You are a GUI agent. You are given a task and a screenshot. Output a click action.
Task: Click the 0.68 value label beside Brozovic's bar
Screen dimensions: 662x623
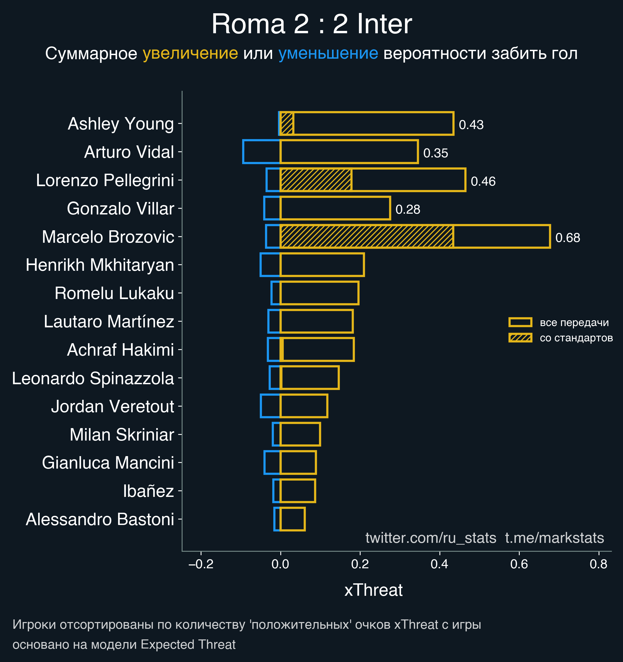tap(567, 238)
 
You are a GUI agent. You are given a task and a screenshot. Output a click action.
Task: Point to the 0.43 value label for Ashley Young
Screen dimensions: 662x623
tap(471, 125)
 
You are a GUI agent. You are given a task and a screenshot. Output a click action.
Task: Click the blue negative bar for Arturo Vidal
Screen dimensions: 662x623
tap(262, 152)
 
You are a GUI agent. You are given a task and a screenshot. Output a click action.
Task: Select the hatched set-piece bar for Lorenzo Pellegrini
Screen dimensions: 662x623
tap(316, 180)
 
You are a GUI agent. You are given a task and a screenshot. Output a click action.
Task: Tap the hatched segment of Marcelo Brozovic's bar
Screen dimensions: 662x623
tap(366, 237)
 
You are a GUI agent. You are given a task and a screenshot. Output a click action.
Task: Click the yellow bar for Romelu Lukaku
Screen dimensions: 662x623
tap(319, 293)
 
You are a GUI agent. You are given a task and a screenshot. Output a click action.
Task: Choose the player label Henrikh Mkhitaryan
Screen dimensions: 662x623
tap(100, 265)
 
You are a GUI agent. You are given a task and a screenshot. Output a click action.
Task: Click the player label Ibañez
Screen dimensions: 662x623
tap(148, 491)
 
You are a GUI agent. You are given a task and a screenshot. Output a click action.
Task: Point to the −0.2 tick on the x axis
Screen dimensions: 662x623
tap(201, 564)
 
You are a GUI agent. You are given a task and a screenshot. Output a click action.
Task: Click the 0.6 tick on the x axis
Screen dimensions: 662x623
tap(519, 564)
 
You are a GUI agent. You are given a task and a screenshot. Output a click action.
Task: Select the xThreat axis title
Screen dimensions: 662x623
tap(373, 590)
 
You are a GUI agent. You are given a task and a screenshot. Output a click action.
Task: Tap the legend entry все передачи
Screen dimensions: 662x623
tap(574, 322)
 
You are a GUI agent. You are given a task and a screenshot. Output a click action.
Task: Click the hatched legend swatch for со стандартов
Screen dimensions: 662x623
tap(520, 338)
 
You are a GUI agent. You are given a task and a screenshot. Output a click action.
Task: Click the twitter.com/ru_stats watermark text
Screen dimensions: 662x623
tap(431, 538)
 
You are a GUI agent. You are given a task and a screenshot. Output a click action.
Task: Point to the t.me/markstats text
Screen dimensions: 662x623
tap(554, 538)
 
